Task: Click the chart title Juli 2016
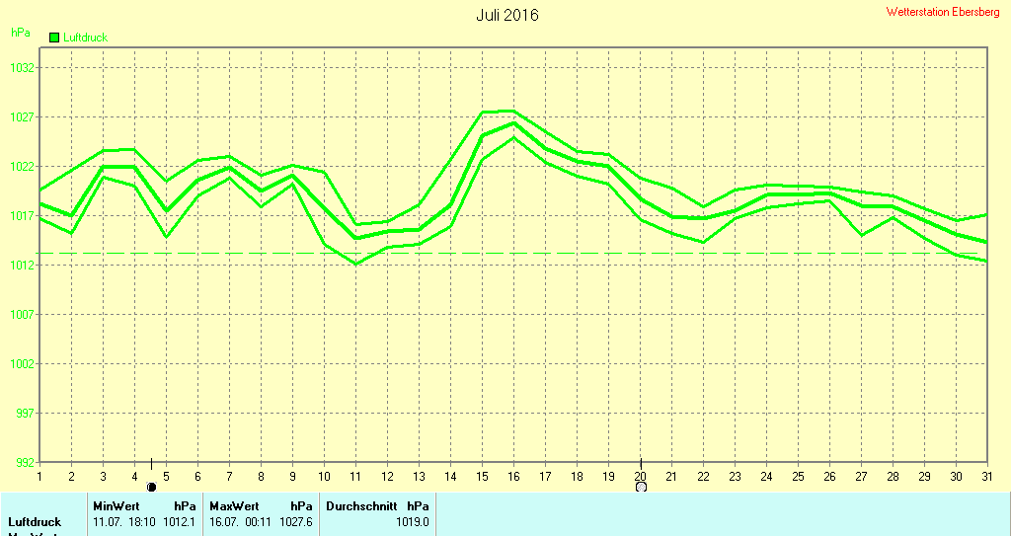(507, 16)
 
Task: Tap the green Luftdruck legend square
(54, 37)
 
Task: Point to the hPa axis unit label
(20, 33)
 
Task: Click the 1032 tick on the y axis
(23, 68)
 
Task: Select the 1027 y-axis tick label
(23, 117)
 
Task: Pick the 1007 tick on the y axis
(23, 315)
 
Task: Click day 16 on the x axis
(513, 476)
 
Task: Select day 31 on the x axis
(986, 476)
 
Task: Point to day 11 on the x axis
(355, 476)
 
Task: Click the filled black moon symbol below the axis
(151, 487)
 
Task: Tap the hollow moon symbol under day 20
(641, 487)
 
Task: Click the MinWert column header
(116, 505)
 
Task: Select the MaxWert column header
(234, 505)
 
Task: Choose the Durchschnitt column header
(361, 505)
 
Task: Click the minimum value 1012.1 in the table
(179, 521)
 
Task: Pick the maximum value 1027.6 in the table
(296, 521)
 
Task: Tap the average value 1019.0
(413, 521)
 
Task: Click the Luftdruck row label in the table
(35, 521)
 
